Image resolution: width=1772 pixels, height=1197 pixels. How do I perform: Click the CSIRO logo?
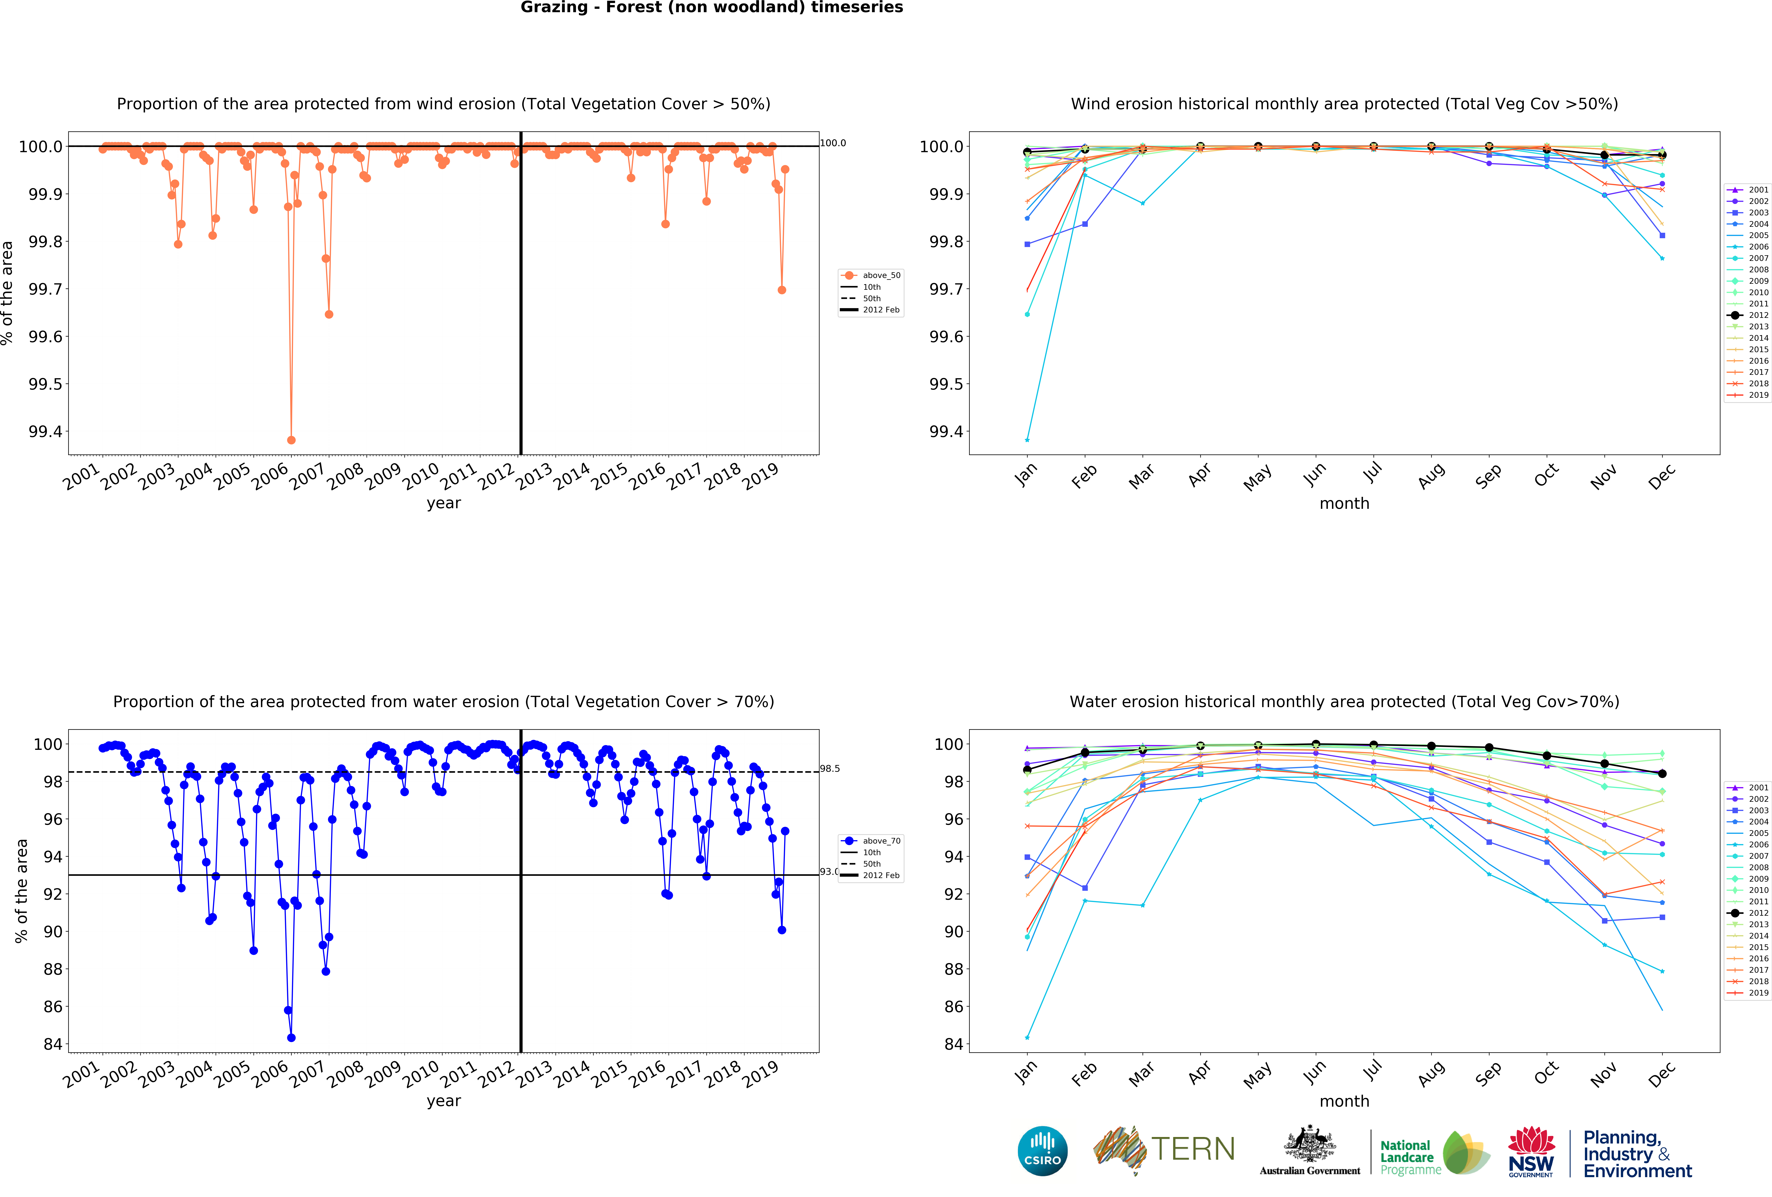(x=1042, y=1151)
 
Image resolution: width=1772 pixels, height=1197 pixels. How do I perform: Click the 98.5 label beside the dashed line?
(x=830, y=769)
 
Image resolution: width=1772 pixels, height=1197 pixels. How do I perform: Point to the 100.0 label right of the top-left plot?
(x=833, y=143)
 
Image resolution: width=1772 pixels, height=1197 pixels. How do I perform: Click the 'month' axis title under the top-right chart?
(x=1344, y=504)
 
